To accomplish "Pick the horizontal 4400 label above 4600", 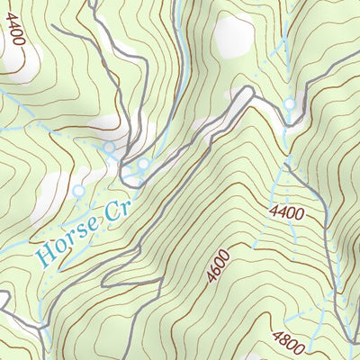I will coord(285,213).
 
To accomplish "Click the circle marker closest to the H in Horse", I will coord(77,192).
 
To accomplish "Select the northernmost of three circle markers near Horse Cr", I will coord(109,147).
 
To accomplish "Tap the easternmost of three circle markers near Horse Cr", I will coord(143,164).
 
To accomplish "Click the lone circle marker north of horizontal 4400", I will coord(290,104).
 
